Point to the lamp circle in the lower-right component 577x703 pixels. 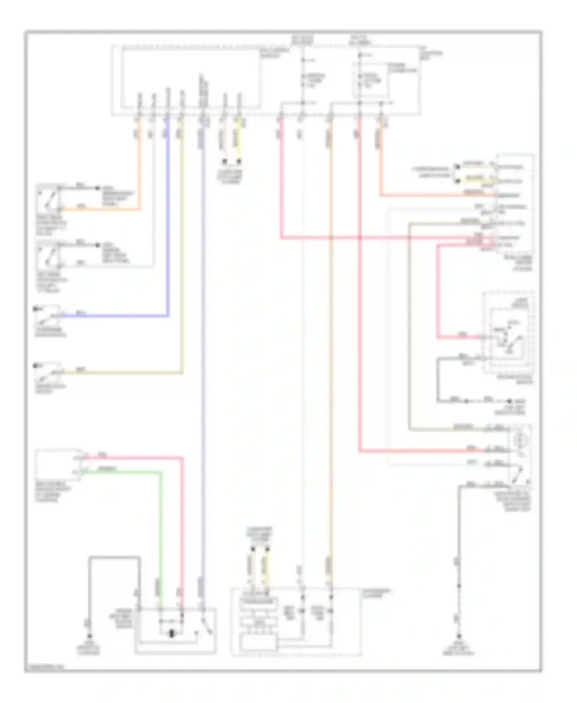[521, 439]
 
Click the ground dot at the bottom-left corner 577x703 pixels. [89, 636]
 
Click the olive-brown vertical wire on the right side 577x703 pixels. [409, 327]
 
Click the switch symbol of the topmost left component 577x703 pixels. [48, 198]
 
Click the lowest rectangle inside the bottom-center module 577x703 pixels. [258, 643]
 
